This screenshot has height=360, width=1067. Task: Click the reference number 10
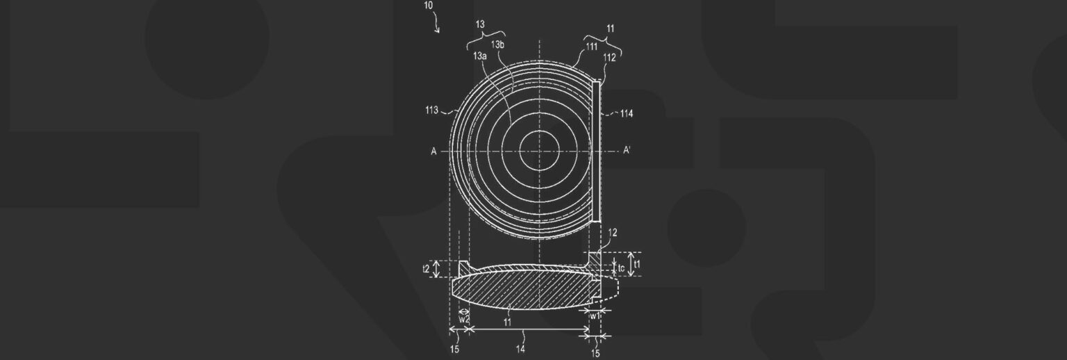428,5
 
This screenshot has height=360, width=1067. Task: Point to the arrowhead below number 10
438,31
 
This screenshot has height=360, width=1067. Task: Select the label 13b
497,45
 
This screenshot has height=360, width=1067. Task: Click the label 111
591,47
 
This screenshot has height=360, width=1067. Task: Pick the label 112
609,58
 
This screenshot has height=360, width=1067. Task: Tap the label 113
431,110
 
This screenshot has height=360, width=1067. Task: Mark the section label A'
627,150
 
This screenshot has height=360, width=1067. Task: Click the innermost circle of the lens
540,149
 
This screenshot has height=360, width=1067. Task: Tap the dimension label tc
622,266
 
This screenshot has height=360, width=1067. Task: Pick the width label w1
595,316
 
